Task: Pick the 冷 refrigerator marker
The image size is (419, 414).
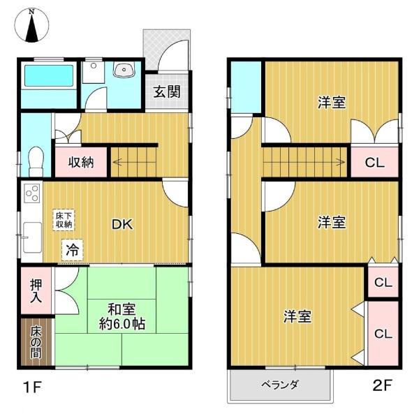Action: coord(72,249)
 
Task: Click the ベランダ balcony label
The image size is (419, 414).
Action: coord(280,385)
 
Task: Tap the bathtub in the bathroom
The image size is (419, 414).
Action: coord(47,77)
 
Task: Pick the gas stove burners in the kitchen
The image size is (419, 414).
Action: coord(31,193)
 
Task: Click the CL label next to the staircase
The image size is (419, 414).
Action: coord(374,163)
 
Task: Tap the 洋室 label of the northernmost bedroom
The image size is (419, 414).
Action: coord(331,103)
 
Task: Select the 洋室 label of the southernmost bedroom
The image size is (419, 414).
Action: coord(297,316)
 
